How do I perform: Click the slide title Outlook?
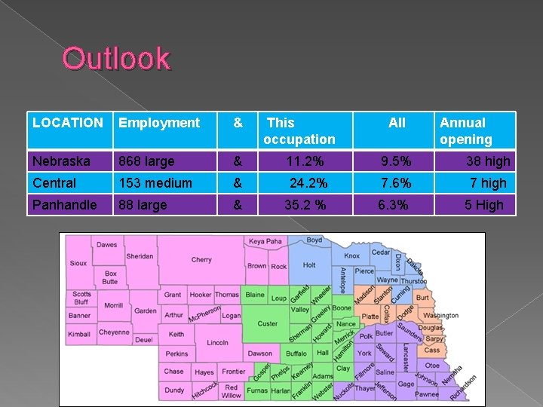117,59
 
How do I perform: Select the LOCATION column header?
68,122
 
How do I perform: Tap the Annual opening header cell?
466,130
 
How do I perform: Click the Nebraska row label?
61,161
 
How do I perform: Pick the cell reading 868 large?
146,161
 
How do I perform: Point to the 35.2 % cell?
305,204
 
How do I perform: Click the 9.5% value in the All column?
396,161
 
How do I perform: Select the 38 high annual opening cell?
488,161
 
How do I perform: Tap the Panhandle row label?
65,204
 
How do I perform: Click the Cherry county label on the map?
201,259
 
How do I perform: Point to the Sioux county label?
78,264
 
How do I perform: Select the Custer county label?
268,323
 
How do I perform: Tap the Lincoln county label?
217,343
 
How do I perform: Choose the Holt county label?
309,265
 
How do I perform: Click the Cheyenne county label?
114,332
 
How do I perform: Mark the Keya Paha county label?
265,242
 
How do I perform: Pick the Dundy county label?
174,390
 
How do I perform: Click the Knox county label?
352,256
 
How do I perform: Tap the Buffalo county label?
296,353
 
